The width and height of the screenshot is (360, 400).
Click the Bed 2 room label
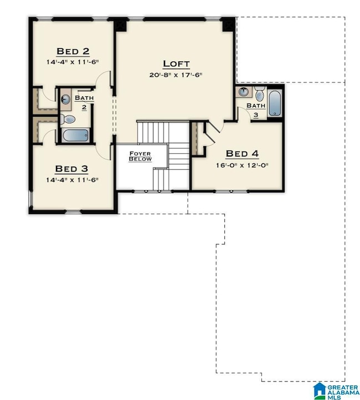click(x=73, y=51)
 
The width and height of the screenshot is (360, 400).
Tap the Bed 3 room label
click(x=72, y=169)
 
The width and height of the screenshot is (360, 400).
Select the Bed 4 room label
click(x=242, y=154)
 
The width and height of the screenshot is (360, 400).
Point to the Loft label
click(x=176, y=64)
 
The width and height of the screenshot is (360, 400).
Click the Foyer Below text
click(x=140, y=156)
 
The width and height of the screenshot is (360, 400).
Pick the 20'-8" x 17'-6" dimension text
click(x=176, y=75)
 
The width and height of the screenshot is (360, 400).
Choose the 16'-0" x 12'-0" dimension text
click(x=242, y=165)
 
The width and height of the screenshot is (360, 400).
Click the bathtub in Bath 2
click(x=75, y=135)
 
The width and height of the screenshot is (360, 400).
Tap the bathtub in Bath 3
click(x=275, y=102)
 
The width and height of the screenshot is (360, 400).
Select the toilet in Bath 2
click(x=68, y=119)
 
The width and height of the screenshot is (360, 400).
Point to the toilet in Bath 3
click(x=259, y=93)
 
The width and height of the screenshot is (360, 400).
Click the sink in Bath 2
click(x=65, y=99)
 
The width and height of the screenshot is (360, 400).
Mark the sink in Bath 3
click(x=244, y=92)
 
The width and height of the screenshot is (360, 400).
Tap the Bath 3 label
click(x=256, y=110)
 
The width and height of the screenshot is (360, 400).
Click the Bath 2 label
click(x=84, y=102)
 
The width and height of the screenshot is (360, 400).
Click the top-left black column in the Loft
click(x=120, y=25)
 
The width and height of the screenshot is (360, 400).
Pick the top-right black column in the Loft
click(x=229, y=25)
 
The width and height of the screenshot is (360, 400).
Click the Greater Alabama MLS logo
click(x=336, y=391)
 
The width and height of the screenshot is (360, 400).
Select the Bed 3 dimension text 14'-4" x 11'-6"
click(x=72, y=180)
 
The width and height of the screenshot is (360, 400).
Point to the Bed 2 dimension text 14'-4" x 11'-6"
click(x=73, y=62)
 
